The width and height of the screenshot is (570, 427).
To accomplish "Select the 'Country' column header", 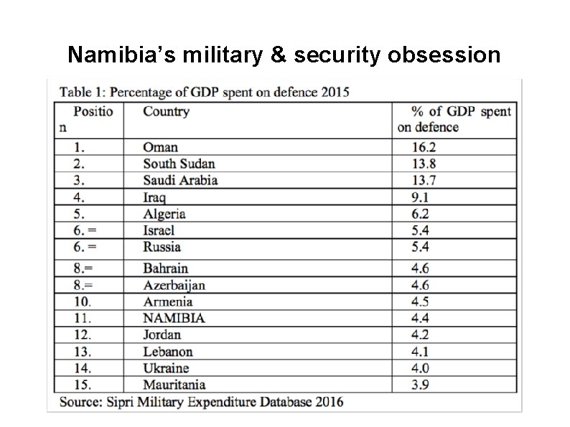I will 166,111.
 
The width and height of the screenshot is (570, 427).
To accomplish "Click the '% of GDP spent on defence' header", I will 454,119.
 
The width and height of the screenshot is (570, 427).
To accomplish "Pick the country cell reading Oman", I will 161,148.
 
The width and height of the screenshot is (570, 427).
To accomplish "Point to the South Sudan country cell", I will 179,164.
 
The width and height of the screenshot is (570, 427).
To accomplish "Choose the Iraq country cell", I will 154,197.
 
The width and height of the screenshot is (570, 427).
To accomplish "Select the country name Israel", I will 159,230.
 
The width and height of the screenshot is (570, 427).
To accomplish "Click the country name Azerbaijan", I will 174,286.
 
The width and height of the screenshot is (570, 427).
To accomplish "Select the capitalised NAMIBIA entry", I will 174,318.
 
